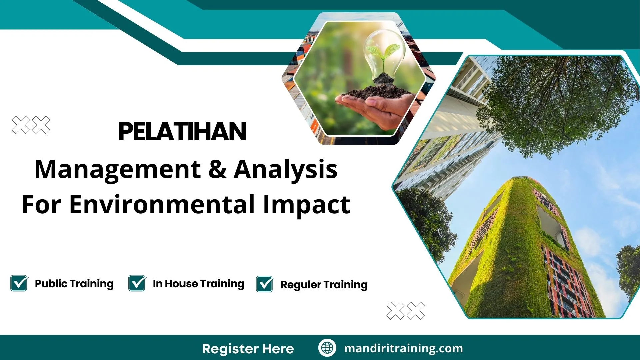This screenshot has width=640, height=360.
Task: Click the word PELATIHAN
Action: [182, 132]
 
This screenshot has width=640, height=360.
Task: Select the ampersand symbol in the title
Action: [217, 169]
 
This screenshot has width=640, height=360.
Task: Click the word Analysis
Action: [285, 169]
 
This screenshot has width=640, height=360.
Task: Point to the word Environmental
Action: [162, 204]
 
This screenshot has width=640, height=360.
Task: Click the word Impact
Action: [306, 205]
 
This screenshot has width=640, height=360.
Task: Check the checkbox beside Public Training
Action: [19, 283]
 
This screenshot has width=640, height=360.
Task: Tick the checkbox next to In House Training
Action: [137, 283]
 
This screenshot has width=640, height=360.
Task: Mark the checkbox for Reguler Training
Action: [265, 284]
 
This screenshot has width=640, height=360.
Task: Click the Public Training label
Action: [74, 284]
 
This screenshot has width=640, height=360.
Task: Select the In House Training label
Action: [198, 284]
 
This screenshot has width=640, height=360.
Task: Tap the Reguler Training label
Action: [324, 285]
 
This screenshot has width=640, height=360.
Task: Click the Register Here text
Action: [248, 349]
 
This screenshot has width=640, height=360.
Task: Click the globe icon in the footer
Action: [327, 348]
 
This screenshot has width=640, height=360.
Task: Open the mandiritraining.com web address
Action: [403, 348]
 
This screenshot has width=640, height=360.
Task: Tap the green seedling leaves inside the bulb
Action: [383, 52]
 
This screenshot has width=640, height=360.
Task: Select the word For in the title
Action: [41, 204]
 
